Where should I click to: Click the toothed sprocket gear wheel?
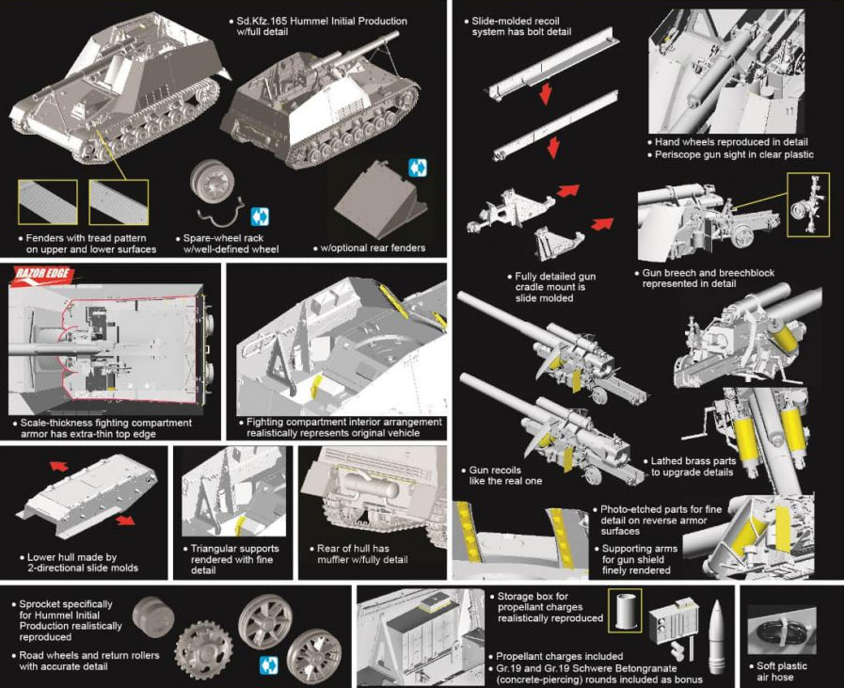tap(202, 648)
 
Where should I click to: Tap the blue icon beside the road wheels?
tap(269, 664)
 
